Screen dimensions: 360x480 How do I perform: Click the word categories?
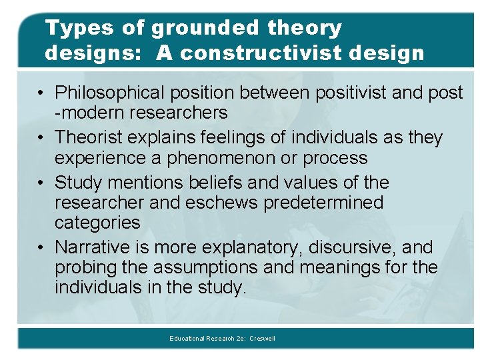97,222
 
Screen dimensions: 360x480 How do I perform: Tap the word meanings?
355,267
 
